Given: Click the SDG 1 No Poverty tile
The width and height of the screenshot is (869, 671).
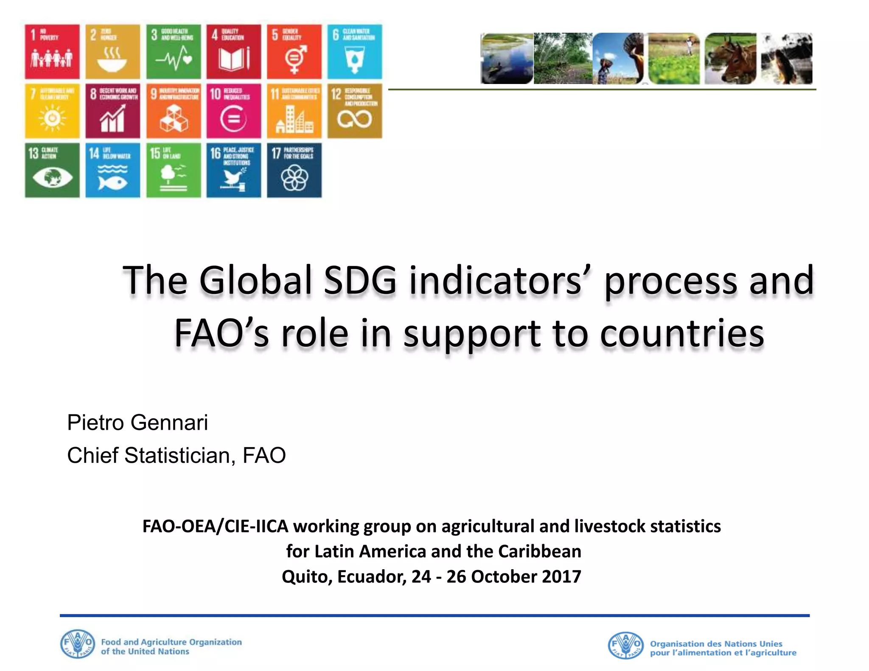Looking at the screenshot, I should pyautogui.click(x=52, y=52).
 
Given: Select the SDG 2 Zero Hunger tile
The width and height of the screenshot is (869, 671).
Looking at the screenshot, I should pyautogui.click(x=112, y=52).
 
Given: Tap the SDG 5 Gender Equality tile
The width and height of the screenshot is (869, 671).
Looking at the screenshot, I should pyautogui.click(x=294, y=52).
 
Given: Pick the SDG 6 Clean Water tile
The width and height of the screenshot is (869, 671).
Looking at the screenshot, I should pyautogui.click(x=354, y=52).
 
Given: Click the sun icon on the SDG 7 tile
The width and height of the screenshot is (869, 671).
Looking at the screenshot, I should pyautogui.click(x=52, y=117).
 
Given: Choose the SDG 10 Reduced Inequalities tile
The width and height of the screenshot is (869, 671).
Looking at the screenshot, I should pyautogui.click(x=233, y=111).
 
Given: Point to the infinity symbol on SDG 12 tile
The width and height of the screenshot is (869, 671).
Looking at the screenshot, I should pyautogui.click(x=354, y=119).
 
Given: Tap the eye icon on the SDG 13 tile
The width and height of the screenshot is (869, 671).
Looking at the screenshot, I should pyautogui.click(x=52, y=177).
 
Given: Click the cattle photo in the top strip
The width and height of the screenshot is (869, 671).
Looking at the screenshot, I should pyautogui.click(x=730, y=59).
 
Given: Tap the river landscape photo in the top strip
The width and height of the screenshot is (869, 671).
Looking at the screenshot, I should pyautogui.click(x=507, y=59).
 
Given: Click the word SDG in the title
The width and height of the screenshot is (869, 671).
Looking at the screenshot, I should pyautogui.click(x=360, y=280).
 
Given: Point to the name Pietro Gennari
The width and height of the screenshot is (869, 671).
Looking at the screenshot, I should pyautogui.click(x=137, y=422).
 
